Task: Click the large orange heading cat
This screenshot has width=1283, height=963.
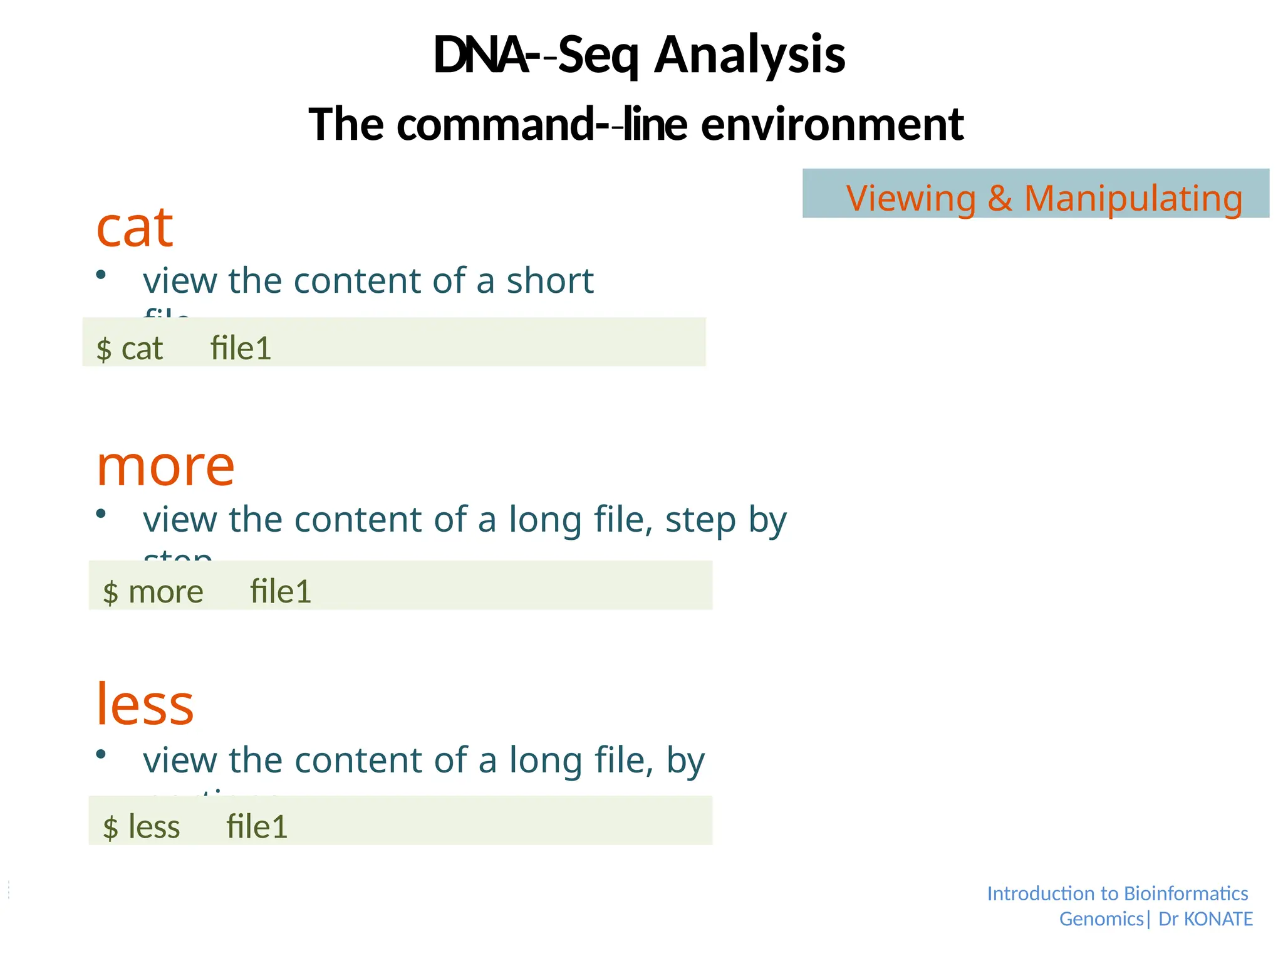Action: click(x=134, y=227)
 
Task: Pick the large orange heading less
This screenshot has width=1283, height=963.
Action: click(x=145, y=705)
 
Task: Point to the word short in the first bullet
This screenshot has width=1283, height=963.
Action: click(x=549, y=280)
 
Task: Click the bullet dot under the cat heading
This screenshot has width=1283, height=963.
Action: click(x=101, y=275)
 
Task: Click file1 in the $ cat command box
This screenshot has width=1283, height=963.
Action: click(x=241, y=348)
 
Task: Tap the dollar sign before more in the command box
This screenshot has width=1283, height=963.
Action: click(x=110, y=592)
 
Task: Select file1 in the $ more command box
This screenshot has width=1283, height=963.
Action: click(x=280, y=591)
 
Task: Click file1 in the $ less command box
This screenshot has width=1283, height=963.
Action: click(x=257, y=826)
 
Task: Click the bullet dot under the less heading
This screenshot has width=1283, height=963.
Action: click(x=101, y=754)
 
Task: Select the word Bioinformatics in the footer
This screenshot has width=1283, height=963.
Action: click(x=1185, y=893)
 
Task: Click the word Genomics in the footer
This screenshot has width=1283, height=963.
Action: click(x=1101, y=919)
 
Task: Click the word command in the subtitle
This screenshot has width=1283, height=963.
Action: click(x=495, y=124)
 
